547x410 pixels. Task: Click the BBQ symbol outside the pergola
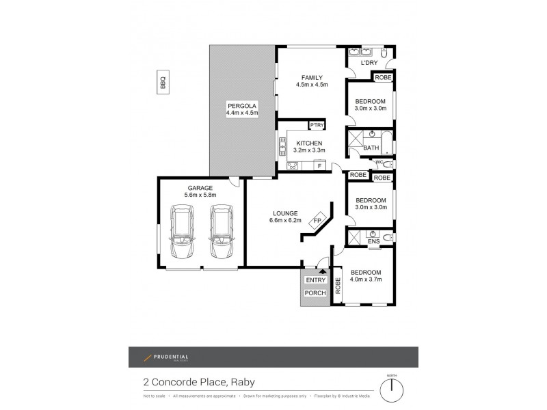(163, 83)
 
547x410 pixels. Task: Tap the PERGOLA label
(242, 106)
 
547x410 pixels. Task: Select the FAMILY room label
(312, 77)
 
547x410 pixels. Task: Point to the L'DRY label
(369, 64)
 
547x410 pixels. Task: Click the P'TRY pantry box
(317, 125)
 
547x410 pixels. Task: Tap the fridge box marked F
(319, 165)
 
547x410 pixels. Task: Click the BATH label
(371, 148)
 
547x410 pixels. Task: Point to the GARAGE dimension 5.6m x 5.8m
(200, 195)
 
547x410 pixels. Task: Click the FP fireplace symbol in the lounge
(317, 221)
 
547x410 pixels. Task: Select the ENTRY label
(315, 280)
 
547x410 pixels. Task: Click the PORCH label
(315, 293)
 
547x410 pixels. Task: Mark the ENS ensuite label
(373, 241)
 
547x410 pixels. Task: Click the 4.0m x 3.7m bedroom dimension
(365, 280)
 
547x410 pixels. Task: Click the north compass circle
(391, 392)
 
